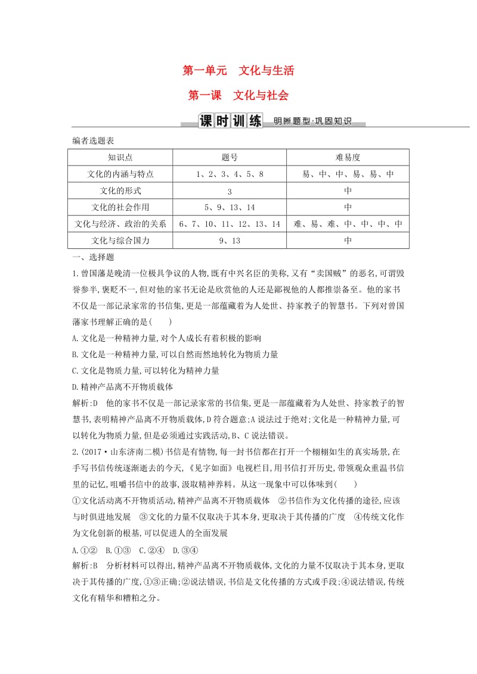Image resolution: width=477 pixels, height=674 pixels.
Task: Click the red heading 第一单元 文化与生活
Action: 238,71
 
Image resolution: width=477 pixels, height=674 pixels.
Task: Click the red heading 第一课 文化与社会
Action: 238,95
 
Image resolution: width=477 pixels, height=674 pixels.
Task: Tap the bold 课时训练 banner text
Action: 230,121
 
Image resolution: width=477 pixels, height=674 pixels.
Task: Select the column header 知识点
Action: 120,157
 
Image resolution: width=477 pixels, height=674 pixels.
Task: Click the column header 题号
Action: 229,157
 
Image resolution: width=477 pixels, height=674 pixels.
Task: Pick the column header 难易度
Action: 348,157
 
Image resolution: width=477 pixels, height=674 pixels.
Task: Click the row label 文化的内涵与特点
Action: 120,174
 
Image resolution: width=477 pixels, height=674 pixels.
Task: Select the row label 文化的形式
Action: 120,191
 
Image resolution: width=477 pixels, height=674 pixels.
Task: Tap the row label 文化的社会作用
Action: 120,207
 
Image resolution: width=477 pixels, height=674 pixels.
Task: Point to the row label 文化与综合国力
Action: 120,241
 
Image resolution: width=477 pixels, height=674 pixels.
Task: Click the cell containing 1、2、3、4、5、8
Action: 229,174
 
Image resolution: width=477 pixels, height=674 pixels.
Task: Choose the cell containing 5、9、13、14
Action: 229,207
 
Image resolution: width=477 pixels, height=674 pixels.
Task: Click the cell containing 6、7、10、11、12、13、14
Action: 229,224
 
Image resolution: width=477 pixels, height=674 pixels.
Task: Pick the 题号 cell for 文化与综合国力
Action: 229,241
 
